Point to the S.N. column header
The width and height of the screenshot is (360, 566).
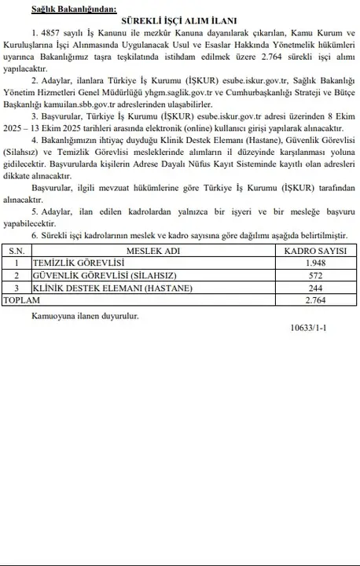click(x=16, y=249)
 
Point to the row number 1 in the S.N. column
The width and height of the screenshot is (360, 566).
click(x=16, y=263)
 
